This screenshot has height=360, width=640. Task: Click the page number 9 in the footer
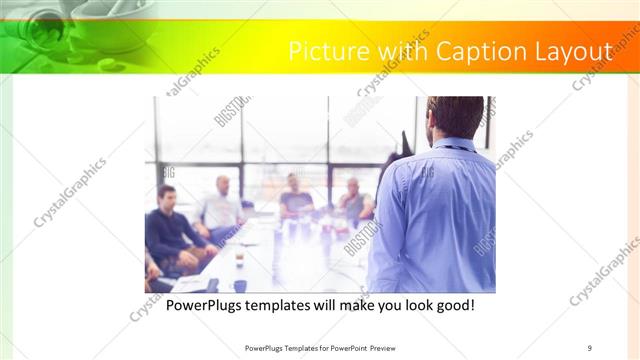point(590,347)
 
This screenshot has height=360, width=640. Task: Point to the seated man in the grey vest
point(353,202)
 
